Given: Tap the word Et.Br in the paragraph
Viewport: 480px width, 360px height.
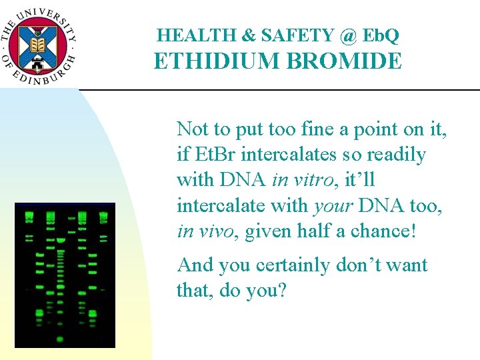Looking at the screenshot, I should tap(217, 155).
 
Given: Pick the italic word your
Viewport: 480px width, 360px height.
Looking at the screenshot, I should tap(333, 205).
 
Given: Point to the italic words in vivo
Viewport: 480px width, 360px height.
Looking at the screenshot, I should tap(207, 231).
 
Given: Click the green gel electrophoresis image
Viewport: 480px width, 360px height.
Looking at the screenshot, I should tap(65, 275).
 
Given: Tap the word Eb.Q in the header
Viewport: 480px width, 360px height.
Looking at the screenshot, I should tap(383, 35).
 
